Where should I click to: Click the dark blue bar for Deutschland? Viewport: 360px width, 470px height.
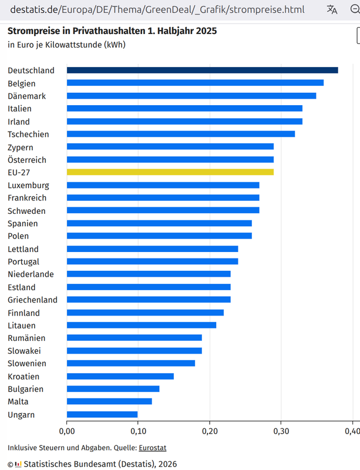click(202, 70)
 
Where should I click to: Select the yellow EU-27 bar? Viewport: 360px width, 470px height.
click(170, 172)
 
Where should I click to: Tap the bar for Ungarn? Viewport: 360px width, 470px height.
click(102, 415)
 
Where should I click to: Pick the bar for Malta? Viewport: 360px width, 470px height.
click(109, 402)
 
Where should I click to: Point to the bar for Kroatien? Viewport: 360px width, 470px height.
click(120, 377)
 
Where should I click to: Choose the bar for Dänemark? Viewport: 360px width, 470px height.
click(191, 96)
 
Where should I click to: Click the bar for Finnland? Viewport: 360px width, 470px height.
click(145, 313)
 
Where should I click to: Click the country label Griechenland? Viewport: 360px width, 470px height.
click(32, 300)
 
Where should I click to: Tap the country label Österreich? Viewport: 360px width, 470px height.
click(27, 160)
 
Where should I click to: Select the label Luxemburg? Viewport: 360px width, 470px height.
click(28, 186)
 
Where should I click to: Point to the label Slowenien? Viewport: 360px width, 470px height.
click(27, 364)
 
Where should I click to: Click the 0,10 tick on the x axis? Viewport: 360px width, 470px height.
click(138, 432)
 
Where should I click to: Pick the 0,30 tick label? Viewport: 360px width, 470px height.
click(281, 432)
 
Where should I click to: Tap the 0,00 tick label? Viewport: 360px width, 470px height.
click(67, 432)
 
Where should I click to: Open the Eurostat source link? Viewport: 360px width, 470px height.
click(152, 448)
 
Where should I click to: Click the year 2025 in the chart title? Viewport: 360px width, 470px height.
click(205, 31)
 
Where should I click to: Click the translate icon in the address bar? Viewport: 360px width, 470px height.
click(332, 9)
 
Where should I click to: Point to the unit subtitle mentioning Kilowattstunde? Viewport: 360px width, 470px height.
click(66, 45)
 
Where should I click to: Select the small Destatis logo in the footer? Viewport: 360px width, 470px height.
click(18, 464)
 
